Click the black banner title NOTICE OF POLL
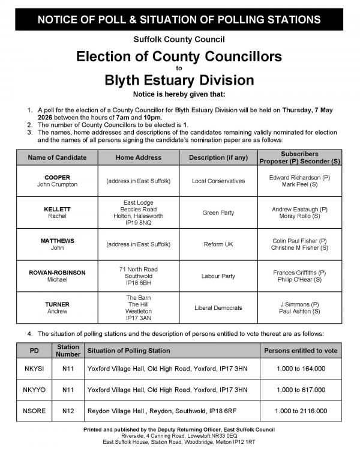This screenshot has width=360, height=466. tap(179, 20)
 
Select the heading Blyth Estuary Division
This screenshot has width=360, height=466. tap(179, 79)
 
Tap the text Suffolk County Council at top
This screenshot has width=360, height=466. tap(179, 40)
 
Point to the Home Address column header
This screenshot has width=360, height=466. tap(138, 157)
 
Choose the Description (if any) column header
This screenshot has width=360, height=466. tap(217, 157)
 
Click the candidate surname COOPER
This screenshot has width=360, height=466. tap(58, 177)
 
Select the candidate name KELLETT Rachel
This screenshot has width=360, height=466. tap(58, 213)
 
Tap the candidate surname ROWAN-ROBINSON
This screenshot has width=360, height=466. tap(58, 273)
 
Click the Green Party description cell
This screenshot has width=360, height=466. tap(217, 213)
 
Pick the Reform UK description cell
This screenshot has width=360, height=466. tap(217, 244)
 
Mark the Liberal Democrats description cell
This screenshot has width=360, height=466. tap(217, 307)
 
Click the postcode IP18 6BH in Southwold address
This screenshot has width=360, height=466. tap(138, 284)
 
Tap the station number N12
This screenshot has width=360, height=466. tap(68, 411)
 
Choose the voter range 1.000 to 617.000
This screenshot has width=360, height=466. tap(301, 389)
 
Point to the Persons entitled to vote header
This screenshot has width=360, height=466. tap(301, 351)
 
